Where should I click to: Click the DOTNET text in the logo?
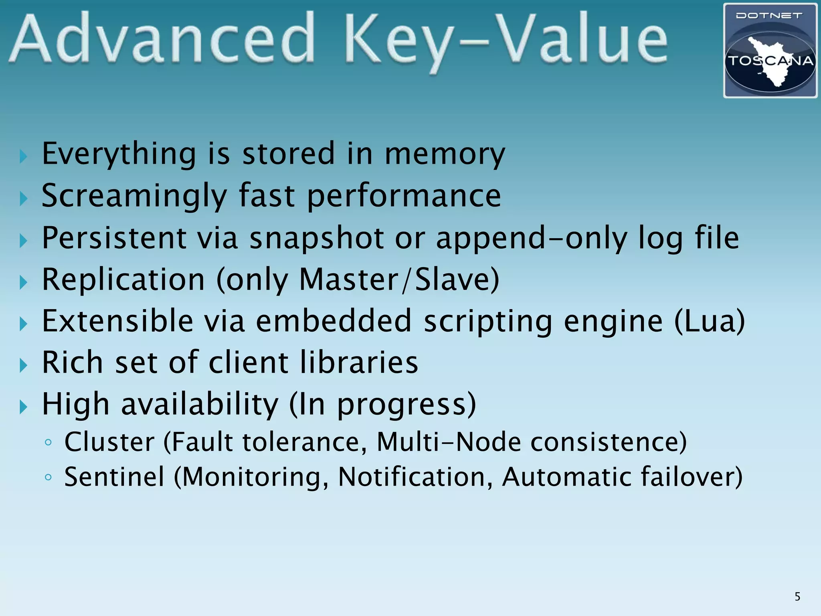click(769, 16)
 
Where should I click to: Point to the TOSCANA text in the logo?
click(770, 61)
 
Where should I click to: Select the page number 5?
click(797, 597)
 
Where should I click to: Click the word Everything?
click(119, 154)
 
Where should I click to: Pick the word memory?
click(445, 154)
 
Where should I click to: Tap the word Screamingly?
click(134, 196)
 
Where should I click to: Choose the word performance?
click(404, 196)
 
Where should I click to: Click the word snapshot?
click(317, 238)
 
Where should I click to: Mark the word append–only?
click(532, 238)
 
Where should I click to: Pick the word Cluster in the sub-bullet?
click(109, 442)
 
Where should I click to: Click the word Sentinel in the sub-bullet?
click(114, 477)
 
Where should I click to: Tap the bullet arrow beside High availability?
click(23, 407)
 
